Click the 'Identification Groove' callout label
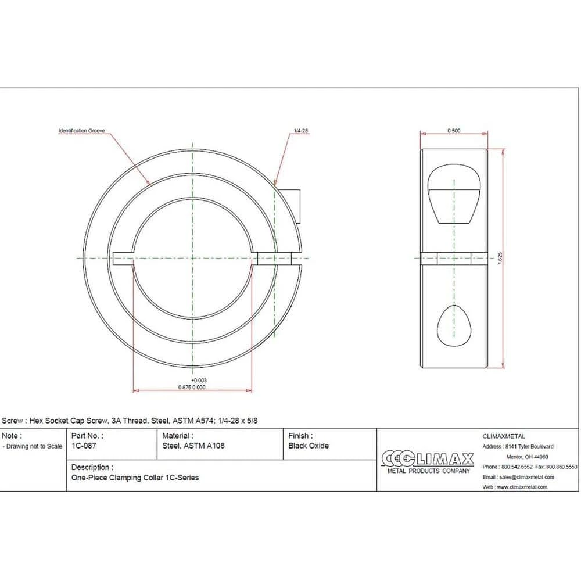pyautogui.click(x=81, y=131)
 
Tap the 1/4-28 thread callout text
pyautogui.click(x=300, y=131)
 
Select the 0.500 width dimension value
pyautogui.click(x=454, y=131)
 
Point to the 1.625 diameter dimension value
pyautogui.click(x=500, y=258)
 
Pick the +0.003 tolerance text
pyautogui.click(x=199, y=381)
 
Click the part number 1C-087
pyautogui.click(x=84, y=446)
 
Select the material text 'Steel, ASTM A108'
pyautogui.click(x=193, y=446)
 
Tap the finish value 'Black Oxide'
pyautogui.click(x=309, y=446)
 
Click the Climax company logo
pyautogui.click(x=428, y=462)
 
